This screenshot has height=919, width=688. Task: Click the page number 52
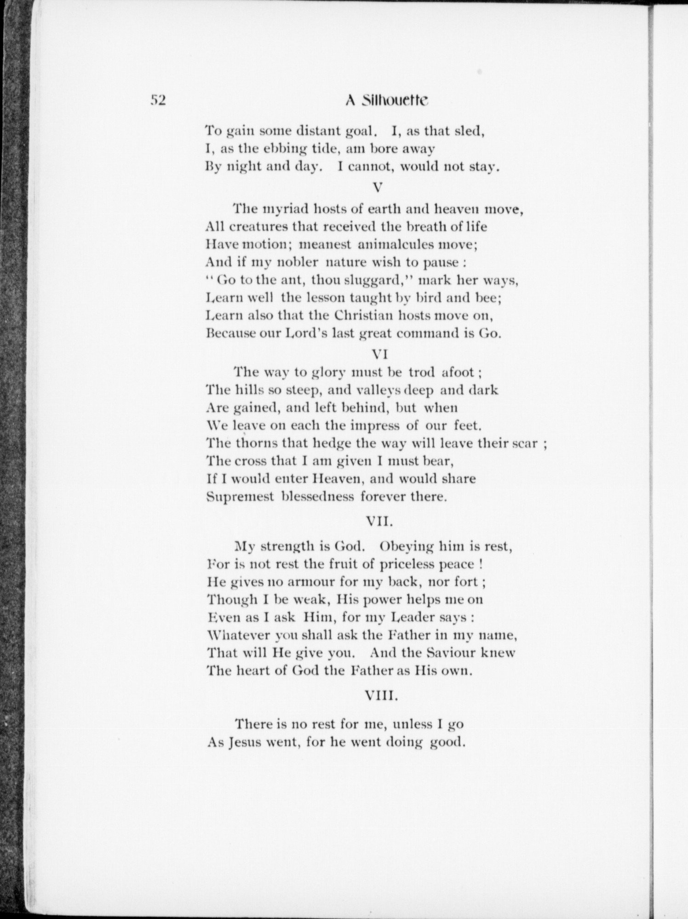tap(157, 101)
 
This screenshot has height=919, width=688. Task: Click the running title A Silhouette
tap(386, 101)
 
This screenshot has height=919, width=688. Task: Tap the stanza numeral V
tap(378, 187)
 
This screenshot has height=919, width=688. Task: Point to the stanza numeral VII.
tap(380, 521)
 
